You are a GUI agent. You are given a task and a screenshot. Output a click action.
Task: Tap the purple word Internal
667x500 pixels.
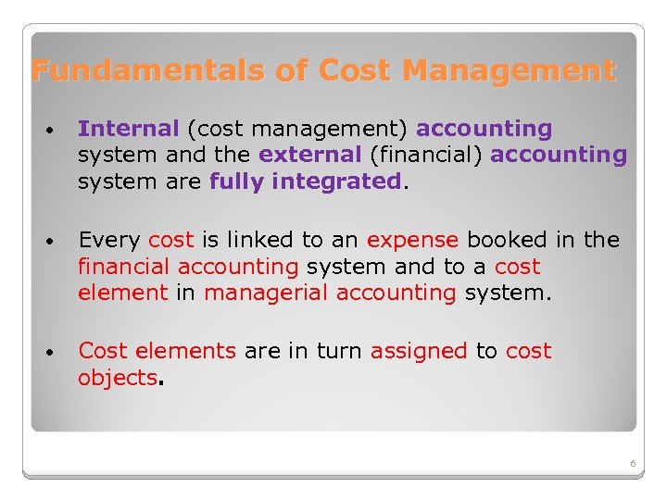click(x=129, y=129)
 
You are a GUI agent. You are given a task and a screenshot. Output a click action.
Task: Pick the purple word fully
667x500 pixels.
click(x=237, y=181)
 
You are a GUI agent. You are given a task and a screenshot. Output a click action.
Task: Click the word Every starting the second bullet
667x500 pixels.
click(x=109, y=240)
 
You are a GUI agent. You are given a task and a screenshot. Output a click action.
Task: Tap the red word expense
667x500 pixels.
click(x=412, y=240)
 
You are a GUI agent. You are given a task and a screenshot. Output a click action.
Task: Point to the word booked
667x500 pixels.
click(x=508, y=240)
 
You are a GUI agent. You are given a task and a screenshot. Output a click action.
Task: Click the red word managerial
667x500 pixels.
click(x=266, y=294)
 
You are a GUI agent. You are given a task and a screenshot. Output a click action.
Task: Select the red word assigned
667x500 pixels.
click(x=419, y=351)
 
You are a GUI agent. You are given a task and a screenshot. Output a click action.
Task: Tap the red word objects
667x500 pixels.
click(x=118, y=378)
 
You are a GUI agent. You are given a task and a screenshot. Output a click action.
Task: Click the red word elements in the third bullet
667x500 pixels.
click(x=185, y=351)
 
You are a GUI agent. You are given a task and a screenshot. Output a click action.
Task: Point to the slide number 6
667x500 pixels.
click(x=632, y=463)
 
